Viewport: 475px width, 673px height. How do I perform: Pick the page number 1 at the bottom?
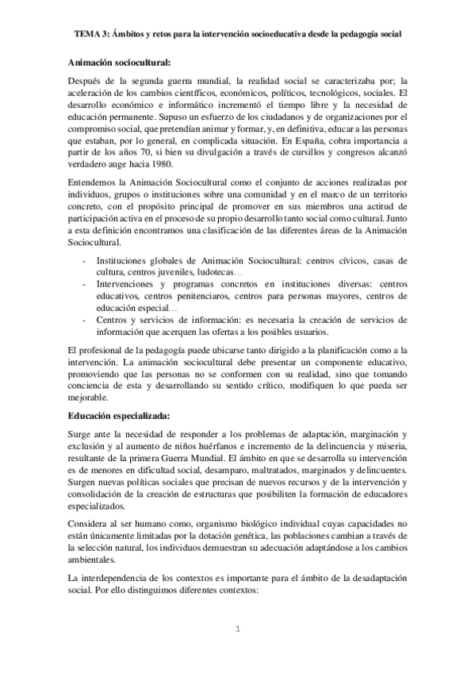click(x=237, y=629)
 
